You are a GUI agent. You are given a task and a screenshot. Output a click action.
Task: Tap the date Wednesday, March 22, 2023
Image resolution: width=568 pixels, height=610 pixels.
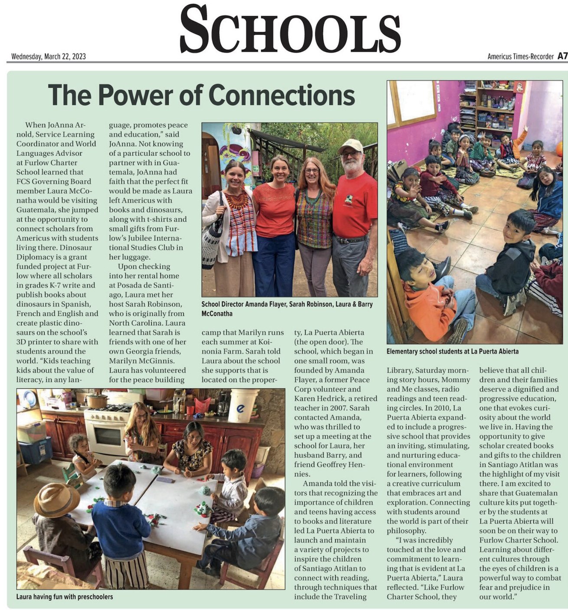coord(49,56)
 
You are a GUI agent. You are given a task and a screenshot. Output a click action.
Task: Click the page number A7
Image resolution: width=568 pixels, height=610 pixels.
coord(562,56)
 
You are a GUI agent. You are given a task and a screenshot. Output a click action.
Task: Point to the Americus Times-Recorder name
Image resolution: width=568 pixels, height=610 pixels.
coord(520,56)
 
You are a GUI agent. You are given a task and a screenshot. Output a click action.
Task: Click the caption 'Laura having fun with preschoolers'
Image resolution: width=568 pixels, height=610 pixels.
coord(65,597)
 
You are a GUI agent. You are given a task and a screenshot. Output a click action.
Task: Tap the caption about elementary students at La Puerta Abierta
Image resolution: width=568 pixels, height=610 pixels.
coord(452,351)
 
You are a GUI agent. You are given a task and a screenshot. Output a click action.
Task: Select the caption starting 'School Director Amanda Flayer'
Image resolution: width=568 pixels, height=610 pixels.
coord(287,308)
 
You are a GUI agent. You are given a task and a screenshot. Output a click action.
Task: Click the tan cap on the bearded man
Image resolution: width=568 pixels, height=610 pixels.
coord(350,145)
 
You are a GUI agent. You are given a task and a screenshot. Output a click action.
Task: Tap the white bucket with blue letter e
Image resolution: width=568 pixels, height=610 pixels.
coord(243,406)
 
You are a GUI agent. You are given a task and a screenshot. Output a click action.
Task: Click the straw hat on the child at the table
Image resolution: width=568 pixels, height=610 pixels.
coord(56,499)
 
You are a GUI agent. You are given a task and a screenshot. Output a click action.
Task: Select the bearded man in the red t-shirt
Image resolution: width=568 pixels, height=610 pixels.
coord(354,213)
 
